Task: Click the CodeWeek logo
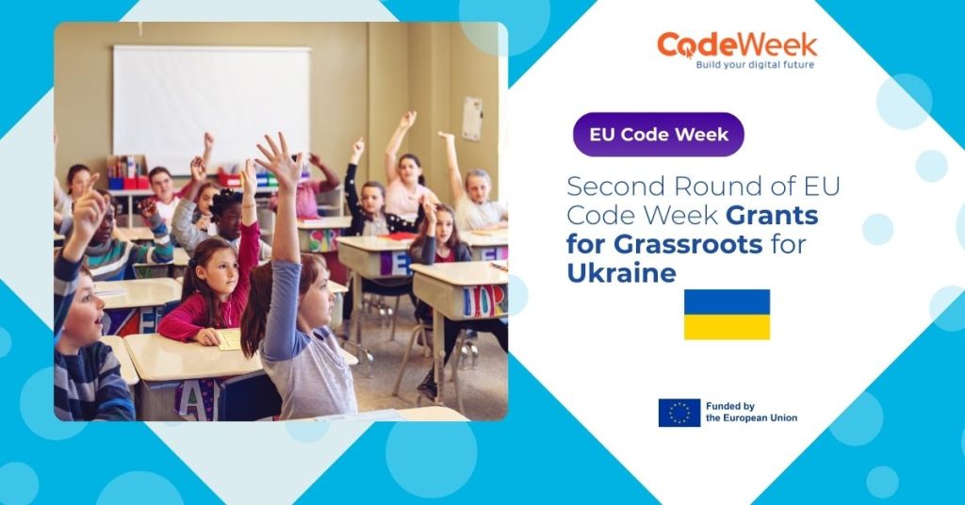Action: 737,47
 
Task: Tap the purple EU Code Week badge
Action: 659,134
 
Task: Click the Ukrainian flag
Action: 727,314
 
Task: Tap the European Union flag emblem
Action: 679,413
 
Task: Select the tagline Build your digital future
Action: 754,66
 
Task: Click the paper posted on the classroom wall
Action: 472,118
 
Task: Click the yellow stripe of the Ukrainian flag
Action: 727,327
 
